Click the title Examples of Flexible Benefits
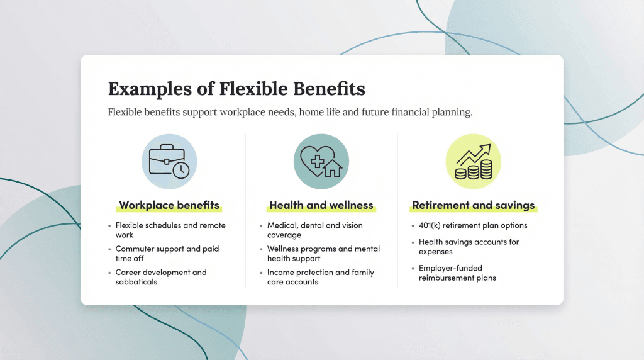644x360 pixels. [236, 89]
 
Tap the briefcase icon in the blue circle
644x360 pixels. [169, 161]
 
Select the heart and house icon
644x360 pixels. [321, 161]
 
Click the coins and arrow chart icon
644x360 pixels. [473, 161]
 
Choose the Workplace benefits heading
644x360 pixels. [169, 205]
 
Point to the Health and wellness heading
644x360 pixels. [321, 205]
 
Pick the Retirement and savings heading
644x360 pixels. [473, 205]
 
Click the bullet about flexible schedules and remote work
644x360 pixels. [170, 230]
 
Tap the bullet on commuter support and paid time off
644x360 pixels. [167, 254]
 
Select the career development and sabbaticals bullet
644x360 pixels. [160, 277]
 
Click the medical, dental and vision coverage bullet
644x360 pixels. [314, 230]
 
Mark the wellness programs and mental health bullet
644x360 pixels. [323, 254]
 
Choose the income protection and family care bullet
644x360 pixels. [320, 277]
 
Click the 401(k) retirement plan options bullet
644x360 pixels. [473, 225]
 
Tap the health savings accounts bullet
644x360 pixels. [469, 247]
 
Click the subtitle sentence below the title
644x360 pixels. [290, 113]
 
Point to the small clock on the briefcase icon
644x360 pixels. [180, 171]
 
